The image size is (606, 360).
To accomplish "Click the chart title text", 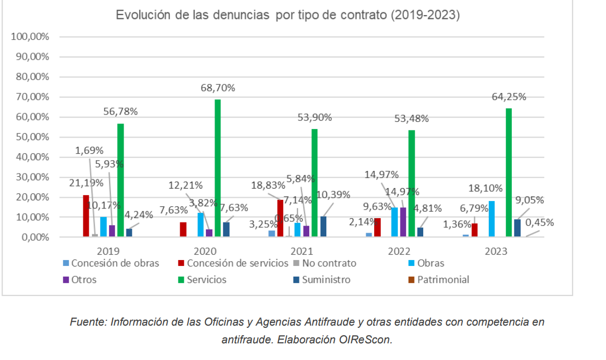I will [x=288, y=15].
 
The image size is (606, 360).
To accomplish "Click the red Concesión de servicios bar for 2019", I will [x=86, y=215].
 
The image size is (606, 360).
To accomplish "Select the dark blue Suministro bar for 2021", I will [x=323, y=226].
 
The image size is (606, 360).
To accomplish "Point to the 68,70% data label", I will [x=218, y=88].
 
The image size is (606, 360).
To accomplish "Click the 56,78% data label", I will [x=120, y=112].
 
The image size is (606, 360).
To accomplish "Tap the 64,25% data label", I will [x=508, y=97].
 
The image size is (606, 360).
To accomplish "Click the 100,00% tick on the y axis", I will [x=30, y=37].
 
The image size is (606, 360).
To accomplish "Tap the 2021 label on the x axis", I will [x=302, y=251].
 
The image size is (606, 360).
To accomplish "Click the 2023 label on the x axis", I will [x=496, y=251].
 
